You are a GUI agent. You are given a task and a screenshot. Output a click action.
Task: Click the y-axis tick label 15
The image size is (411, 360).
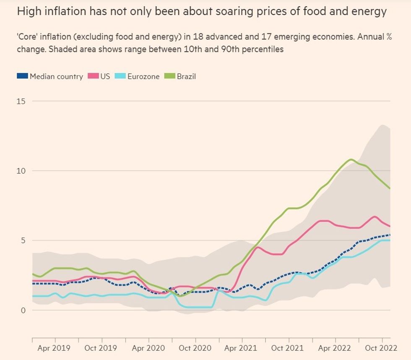pyautogui.click(x=21, y=101)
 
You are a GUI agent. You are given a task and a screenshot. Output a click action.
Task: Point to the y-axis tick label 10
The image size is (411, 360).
pyautogui.click(x=21, y=171)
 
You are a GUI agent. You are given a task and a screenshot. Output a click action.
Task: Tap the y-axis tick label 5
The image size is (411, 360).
pyautogui.click(x=23, y=240)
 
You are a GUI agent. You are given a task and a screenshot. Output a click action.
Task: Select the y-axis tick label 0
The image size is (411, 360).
pyautogui.click(x=23, y=310)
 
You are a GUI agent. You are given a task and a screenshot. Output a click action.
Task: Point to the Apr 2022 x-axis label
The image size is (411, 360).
pyautogui.click(x=334, y=348)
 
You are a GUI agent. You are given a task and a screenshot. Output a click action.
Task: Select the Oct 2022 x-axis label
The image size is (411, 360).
pyautogui.click(x=382, y=348)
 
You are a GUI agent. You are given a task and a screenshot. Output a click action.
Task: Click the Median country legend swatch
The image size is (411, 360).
pyautogui.click(x=22, y=76)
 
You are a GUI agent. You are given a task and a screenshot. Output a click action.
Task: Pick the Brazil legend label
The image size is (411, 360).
pyautogui.click(x=185, y=77)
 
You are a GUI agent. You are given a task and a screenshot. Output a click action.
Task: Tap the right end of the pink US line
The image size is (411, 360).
pyautogui.click(x=390, y=227)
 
